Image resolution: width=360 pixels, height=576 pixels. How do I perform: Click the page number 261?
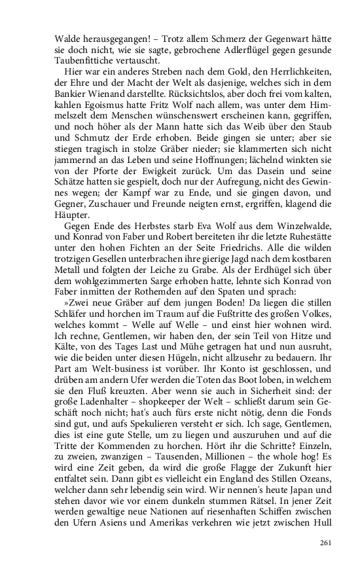(x=326, y=543)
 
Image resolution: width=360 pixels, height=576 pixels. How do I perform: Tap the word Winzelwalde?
(x=302, y=225)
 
